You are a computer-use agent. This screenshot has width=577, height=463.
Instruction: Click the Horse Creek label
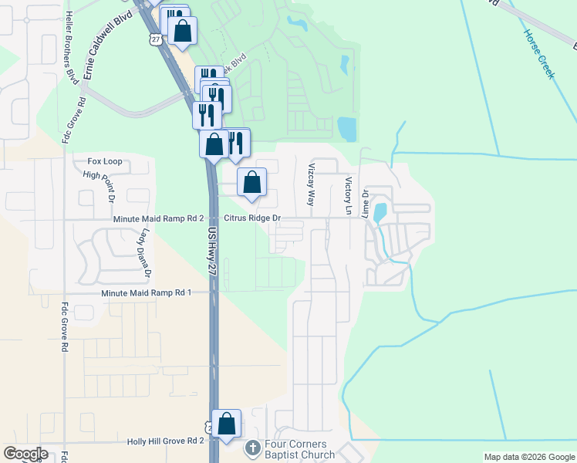point(539,54)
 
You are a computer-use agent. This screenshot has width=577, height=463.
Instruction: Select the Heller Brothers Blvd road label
point(71,46)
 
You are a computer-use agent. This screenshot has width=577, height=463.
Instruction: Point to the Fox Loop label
point(105,162)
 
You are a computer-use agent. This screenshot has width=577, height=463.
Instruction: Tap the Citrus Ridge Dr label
point(252,219)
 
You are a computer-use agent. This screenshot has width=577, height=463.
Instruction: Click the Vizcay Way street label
point(312,184)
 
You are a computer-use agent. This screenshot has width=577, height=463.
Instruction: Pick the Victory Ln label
point(349,196)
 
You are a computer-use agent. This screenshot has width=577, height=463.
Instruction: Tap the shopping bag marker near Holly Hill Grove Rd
point(227,424)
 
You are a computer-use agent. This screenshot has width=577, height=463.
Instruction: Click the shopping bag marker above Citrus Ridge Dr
point(251,184)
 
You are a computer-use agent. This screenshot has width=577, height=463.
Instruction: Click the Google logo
point(26,454)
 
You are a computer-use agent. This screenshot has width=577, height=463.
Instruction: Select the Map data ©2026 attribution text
point(528,457)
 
